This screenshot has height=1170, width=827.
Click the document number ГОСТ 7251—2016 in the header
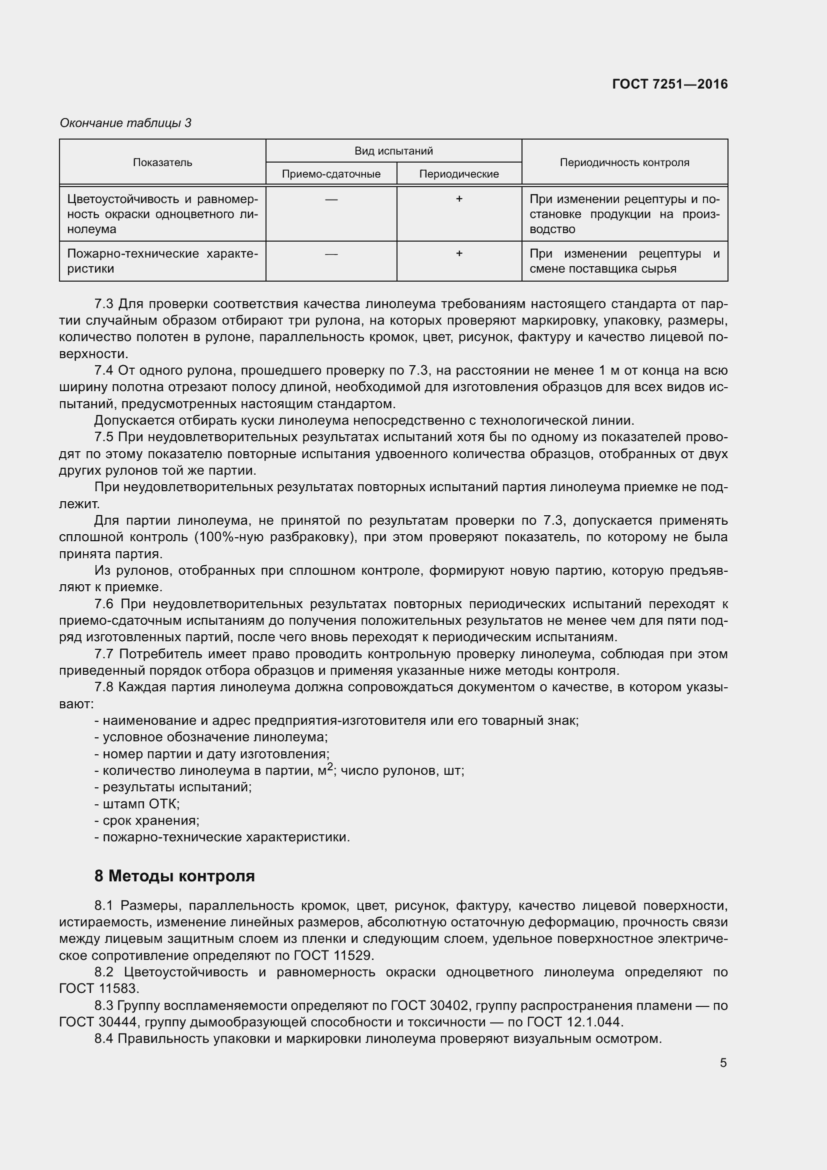(x=669, y=84)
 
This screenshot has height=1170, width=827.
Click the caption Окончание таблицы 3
(x=125, y=123)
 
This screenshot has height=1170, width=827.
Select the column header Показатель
(x=162, y=163)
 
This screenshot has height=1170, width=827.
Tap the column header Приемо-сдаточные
(x=331, y=174)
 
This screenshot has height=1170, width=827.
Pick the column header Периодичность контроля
(x=624, y=163)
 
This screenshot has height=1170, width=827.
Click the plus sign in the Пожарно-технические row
(x=459, y=253)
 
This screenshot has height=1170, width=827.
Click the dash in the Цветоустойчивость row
(x=331, y=199)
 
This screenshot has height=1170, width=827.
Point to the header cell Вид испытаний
(x=393, y=151)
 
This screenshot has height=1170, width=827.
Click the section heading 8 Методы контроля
(x=174, y=876)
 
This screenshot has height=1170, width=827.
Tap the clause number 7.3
(x=104, y=304)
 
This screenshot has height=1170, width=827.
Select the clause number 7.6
(x=104, y=604)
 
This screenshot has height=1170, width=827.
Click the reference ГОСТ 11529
(x=334, y=955)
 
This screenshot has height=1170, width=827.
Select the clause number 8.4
(x=104, y=1038)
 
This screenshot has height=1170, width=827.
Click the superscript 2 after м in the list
(x=330, y=766)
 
